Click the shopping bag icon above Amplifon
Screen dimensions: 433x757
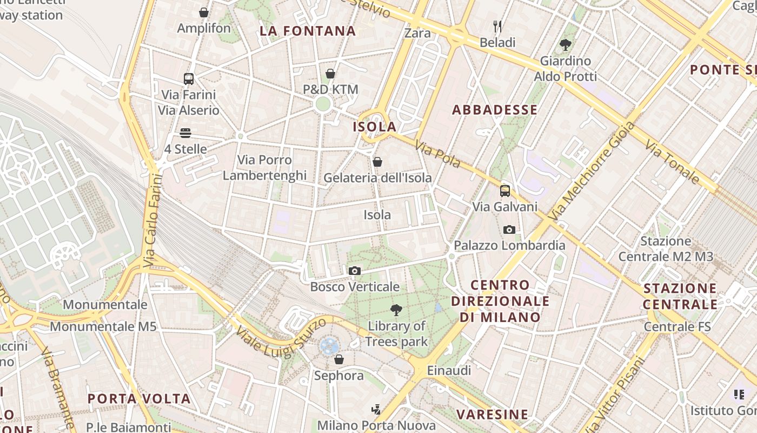(x=204, y=12)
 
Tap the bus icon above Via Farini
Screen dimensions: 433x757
(x=188, y=79)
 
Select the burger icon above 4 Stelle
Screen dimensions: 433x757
(x=185, y=133)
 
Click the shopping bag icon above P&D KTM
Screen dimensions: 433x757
(x=330, y=74)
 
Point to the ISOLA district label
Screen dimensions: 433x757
(x=375, y=127)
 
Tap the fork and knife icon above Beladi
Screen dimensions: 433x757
(x=497, y=26)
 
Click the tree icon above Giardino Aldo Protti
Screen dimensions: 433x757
(x=566, y=44)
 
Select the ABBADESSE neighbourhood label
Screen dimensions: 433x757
(x=495, y=110)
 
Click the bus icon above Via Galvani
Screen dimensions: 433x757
(x=504, y=191)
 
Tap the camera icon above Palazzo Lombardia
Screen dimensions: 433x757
(x=509, y=229)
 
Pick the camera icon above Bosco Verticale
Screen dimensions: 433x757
(x=355, y=271)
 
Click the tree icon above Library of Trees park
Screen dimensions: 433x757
(x=396, y=310)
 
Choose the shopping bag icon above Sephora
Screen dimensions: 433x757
(x=339, y=359)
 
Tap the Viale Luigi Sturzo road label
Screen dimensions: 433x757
(x=281, y=338)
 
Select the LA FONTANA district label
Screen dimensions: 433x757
(x=308, y=31)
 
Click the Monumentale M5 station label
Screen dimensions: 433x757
(x=103, y=326)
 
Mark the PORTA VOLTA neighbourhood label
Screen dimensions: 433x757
(x=139, y=399)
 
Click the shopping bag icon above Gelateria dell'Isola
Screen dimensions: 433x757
(x=377, y=162)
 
